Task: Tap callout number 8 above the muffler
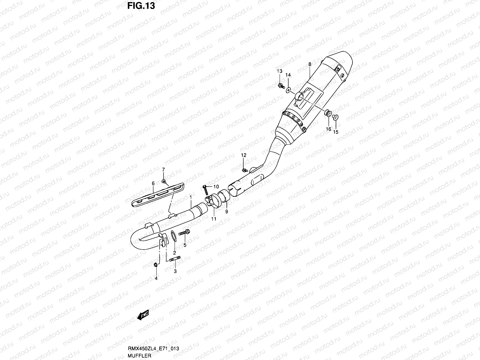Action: click(x=309, y=64)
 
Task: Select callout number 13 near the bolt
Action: click(x=279, y=71)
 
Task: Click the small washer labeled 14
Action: click(x=288, y=89)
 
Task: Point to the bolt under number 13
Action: click(x=281, y=86)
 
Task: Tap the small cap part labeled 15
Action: click(x=335, y=117)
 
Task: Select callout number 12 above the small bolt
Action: click(x=243, y=155)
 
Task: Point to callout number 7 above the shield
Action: click(x=163, y=170)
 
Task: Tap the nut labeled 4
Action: click(x=156, y=265)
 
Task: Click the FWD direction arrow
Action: click(x=143, y=315)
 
